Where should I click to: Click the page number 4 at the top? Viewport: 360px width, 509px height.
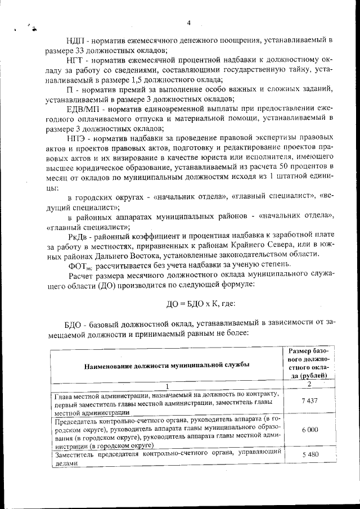[189, 23]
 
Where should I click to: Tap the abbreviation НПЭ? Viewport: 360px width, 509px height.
[77, 138]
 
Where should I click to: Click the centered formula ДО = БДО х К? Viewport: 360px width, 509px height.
[201, 304]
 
